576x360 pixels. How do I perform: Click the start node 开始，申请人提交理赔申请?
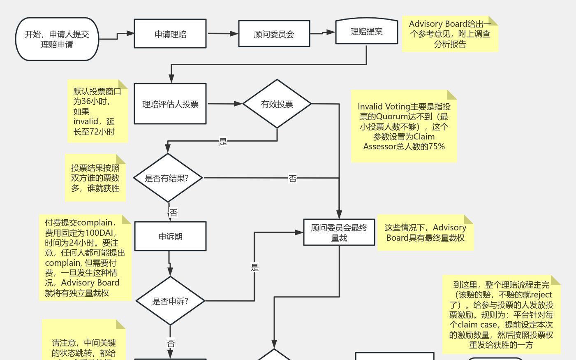tap(57, 39)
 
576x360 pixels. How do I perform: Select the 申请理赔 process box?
tap(170, 34)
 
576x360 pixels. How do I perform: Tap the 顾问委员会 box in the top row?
tap(274, 34)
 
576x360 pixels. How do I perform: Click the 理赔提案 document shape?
tap(366, 31)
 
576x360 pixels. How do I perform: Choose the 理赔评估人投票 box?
tap(170, 104)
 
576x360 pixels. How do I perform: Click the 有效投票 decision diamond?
tap(277, 104)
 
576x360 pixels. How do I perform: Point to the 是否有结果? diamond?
tap(168, 178)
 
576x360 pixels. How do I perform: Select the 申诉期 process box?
tap(170, 237)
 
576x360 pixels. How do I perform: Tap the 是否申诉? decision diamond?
tap(170, 301)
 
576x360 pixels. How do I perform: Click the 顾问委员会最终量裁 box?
tap(339, 232)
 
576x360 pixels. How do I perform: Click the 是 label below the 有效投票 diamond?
tap(223, 142)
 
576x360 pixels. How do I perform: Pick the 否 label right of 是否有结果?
tap(292, 179)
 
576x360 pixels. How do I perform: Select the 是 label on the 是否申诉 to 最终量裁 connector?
tap(254, 267)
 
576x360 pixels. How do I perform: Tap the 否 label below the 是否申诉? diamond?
tap(171, 343)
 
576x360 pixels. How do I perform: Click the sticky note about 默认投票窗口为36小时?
tap(97, 111)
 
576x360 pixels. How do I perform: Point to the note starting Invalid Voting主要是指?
tap(404, 127)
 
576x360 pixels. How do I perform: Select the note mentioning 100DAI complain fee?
tap(85, 258)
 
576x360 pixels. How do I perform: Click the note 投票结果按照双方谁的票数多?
tap(95, 178)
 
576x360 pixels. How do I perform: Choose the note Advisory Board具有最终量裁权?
tap(425, 233)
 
